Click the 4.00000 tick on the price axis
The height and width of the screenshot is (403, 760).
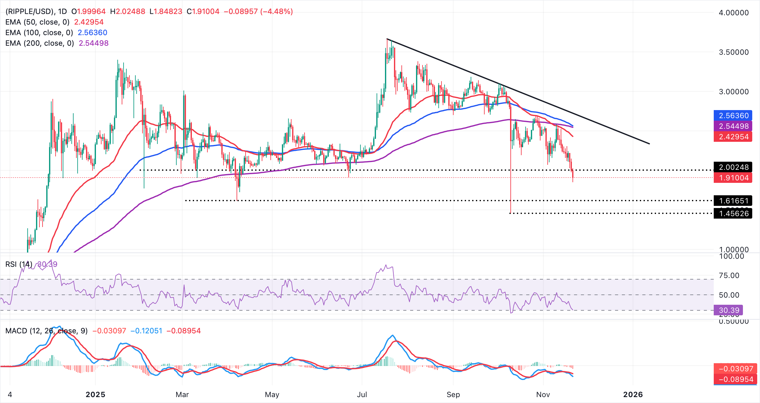click(x=734, y=13)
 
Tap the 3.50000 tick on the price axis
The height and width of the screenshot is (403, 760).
click(x=734, y=52)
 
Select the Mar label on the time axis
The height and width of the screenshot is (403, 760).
click(x=182, y=395)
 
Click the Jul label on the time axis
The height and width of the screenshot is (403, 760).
click(x=362, y=395)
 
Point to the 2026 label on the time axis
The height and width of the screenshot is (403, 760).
click(x=633, y=395)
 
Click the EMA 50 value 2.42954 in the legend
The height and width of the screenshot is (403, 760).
click(x=89, y=22)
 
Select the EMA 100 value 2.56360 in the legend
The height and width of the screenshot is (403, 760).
click(x=93, y=33)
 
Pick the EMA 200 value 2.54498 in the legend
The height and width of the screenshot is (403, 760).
click(x=94, y=43)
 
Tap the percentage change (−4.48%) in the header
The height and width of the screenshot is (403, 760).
click(x=277, y=12)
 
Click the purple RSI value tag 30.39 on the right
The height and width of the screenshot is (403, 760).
click(x=729, y=310)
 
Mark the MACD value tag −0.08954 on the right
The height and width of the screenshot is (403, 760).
click(x=736, y=379)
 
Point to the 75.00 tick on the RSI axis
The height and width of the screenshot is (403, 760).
click(x=729, y=276)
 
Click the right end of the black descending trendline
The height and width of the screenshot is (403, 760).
click(x=649, y=144)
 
